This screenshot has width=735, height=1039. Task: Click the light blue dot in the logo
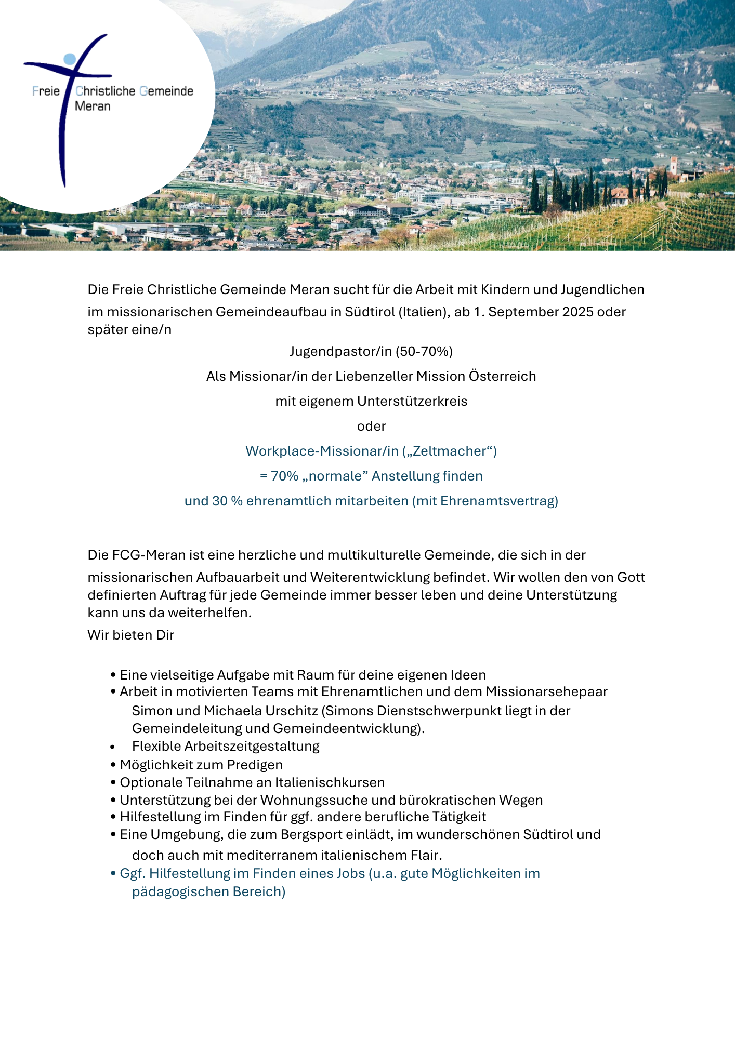(70, 58)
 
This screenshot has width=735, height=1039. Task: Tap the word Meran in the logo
(93, 106)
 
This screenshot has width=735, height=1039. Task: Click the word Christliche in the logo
(106, 91)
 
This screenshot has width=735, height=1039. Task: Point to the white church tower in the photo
(674, 166)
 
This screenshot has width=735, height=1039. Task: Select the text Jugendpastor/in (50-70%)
(371, 352)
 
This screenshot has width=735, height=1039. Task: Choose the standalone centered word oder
(371, 427)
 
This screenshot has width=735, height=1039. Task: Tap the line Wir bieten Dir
(131, 635)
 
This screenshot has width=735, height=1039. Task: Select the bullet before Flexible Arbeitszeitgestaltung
(113, 747)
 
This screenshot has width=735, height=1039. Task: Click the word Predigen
(255, 765)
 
